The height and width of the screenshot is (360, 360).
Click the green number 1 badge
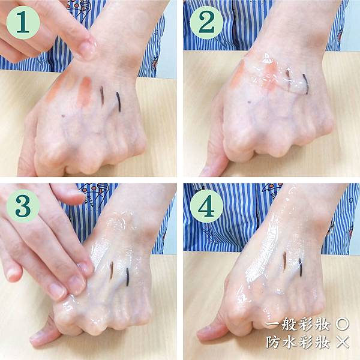click(23, 23)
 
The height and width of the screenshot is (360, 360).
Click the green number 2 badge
click(206, 23)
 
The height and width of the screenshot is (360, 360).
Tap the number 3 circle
click(23, 206)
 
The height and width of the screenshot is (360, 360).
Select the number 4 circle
click(206, 206)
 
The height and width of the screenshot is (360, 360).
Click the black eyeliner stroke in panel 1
click(118, 102)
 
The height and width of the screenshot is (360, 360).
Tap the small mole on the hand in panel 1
click(64, 116)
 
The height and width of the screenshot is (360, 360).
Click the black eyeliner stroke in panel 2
click(305, 84)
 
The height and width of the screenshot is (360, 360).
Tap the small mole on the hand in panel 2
click(250, 102)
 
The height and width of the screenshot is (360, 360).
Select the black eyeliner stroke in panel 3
click(127, 277)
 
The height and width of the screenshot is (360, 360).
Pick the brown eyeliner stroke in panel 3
click(112, 270)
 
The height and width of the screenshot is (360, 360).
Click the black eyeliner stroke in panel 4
click(301, 267)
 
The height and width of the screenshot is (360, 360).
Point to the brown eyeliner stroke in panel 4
click(284, 259)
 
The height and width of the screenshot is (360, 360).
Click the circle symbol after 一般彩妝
click(343, 324)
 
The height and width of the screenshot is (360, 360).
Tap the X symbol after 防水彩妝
click(343, 342)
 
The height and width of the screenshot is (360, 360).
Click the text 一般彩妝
click(298, 324)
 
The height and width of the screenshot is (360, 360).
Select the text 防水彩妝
click(298, 342)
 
